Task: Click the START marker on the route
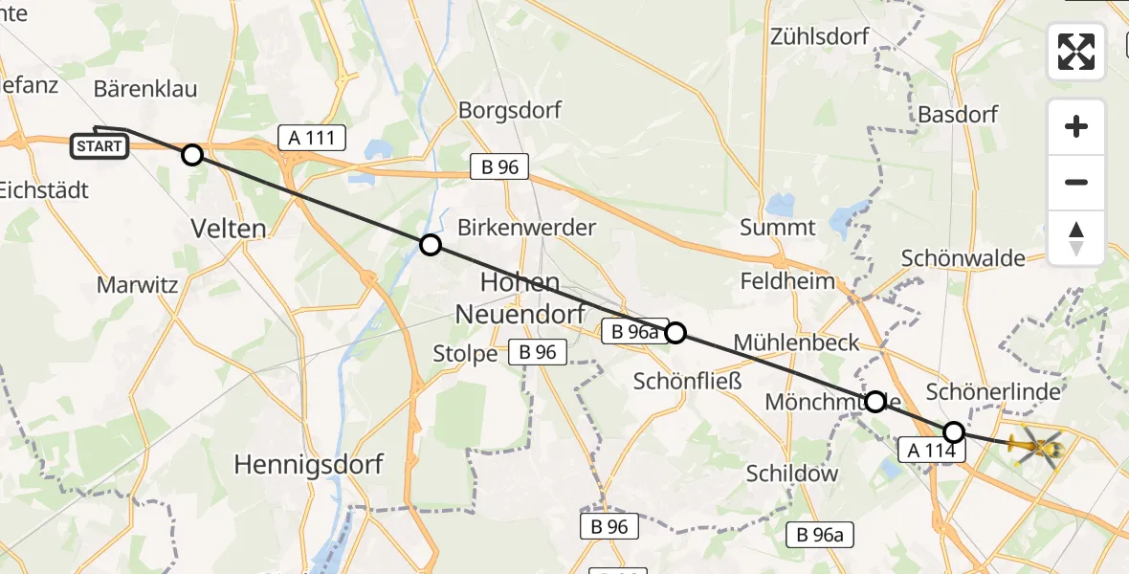[99, 146]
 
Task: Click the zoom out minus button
[1076, 182]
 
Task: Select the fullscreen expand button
[1076, 52]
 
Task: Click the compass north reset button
[1076, 238]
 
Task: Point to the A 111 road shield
[312, 138]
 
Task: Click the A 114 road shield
[931, 449]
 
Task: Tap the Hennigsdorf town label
[309, 465]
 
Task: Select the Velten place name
[230, 229]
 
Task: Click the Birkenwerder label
[526, 228]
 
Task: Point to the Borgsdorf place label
[510, 110]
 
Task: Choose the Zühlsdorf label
[820, 37]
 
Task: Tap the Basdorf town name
[958, 115]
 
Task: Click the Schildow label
[792, 473]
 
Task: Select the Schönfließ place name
[688, 382]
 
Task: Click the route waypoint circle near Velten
[192, 155]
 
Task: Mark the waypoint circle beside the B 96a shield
[675, 333]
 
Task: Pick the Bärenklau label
[145, 89]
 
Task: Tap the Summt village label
[778, 228]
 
